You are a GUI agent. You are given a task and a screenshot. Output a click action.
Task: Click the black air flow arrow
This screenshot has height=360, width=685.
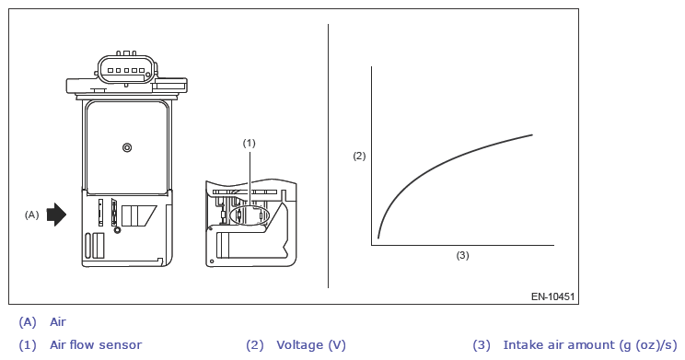pyautogui.click(x=56, y=215)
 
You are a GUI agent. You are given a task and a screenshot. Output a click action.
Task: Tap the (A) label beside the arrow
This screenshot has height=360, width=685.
pyautogui.click(x=31, y=215)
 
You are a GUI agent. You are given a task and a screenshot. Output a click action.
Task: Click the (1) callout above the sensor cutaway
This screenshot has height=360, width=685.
pyautogui.click(x=249, y=143)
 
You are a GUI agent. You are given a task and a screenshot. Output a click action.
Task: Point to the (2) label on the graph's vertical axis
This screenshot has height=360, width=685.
pyautogui.click(x=359, y=156)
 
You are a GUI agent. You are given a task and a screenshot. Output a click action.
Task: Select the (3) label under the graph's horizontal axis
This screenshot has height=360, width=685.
pyautogui.click(x=462, y=255)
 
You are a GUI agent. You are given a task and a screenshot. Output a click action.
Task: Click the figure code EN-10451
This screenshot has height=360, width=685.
pyautogui.click(x=552, y=296)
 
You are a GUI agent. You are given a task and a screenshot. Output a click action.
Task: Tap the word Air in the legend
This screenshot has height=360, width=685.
pyautogui.click(x=58, y=322)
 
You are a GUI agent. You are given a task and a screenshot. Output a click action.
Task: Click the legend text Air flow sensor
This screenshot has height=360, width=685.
pyautogui.click(x=96, y=345)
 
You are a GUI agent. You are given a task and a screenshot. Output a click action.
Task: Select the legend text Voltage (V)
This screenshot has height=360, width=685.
pyautogui.click(x=311, y=345)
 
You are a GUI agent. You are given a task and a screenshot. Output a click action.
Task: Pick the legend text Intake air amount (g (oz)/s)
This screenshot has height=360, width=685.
pyautogui.click(x=590, y=345)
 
